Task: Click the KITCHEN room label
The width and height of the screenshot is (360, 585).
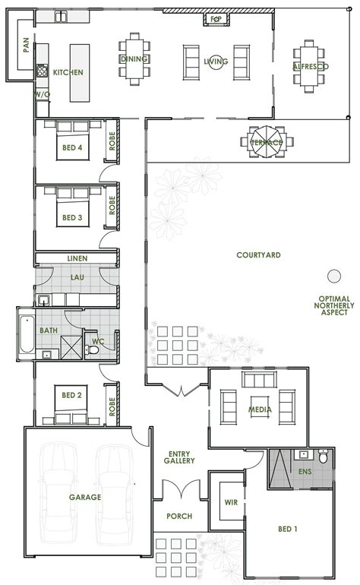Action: click(68, 72)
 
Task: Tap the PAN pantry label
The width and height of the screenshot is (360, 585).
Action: click(26, 47)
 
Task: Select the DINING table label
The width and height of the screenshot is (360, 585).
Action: click(133, 58)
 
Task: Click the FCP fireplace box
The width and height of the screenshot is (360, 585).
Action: click(214, 16)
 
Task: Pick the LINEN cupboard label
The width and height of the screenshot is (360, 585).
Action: click(77, 258)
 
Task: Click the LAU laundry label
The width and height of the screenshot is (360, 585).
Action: click(77, 278)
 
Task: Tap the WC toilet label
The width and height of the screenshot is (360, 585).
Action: click(97, 341)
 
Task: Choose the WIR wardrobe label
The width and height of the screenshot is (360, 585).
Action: click(231, 502)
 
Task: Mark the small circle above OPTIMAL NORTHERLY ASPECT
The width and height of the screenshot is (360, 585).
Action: click(333, 276)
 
